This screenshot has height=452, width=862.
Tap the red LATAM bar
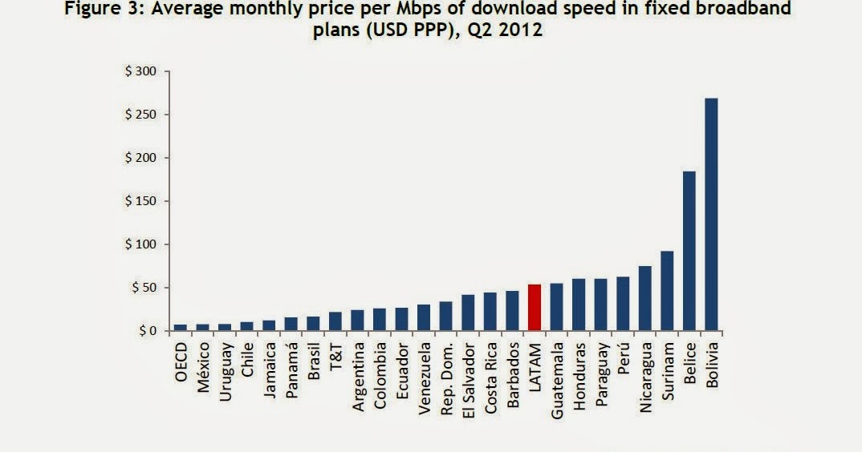(534, 308)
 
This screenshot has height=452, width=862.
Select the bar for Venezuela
(424, 317)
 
